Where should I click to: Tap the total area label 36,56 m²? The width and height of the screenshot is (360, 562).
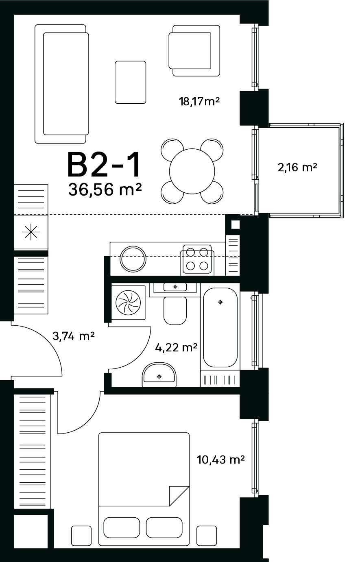coord(105,189)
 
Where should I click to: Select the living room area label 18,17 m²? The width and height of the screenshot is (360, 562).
coord(199,101)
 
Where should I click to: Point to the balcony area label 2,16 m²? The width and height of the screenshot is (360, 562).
coord(297,167)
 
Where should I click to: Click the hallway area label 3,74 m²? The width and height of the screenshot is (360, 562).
coord(74,335)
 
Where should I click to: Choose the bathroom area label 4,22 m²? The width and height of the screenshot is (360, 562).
coord(176,347)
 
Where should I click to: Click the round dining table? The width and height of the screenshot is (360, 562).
coord(192,171)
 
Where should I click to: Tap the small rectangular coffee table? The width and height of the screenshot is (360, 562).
coord(131,82)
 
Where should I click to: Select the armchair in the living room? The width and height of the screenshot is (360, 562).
coord(194,50)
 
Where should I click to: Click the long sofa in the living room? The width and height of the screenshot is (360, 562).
coord(62,84)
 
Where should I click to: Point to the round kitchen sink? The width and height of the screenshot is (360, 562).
coord(133,259)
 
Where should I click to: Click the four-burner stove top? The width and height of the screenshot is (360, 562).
coord(197,259)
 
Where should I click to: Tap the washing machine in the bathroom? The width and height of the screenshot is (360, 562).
coord(128,303)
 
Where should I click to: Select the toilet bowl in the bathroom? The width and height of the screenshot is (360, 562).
coord(175,311)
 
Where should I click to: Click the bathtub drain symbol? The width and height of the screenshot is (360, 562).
coord(220,302)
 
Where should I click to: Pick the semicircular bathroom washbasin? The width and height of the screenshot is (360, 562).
coord(159,375)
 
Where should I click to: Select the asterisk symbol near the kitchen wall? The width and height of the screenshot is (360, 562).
coord(31,232)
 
